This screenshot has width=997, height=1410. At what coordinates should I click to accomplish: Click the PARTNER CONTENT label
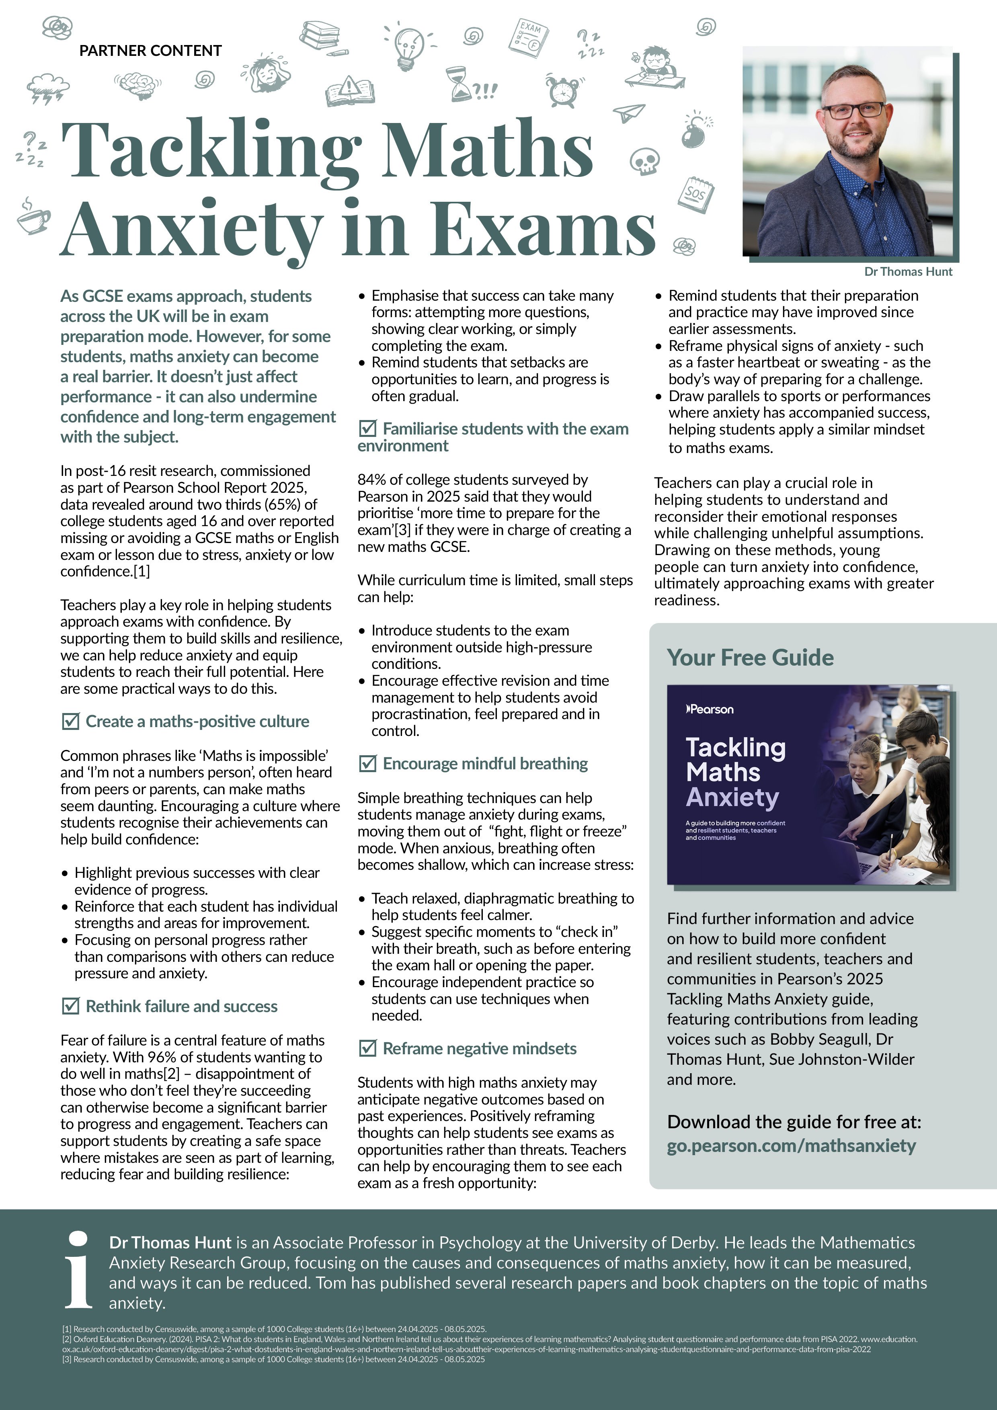point(150,50)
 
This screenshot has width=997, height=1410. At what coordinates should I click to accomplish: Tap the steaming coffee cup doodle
point(33,217)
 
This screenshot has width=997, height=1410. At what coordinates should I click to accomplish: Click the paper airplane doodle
point(628,113)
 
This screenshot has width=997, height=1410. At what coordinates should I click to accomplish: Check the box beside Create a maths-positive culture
point(71,721)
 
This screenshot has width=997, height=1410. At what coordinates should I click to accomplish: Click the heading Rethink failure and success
point(181,1006)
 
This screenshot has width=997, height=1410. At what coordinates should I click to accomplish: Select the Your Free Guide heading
point(750,657)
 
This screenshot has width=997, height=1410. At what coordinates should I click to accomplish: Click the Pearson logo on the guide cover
point(710,709)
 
